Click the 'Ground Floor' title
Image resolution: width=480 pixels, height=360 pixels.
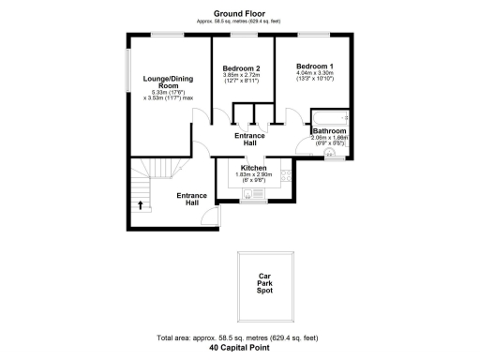click(x=241, y=12)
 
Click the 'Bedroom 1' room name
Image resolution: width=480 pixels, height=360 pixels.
click(x=314, y=66)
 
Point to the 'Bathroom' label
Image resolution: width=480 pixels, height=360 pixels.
click(x=329, y=131)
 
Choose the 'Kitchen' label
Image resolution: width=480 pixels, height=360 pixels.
click(x=241, y=169)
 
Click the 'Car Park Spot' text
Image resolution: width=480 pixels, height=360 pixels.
click(x=270, y=284)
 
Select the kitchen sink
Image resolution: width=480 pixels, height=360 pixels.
click(x=251, y=194)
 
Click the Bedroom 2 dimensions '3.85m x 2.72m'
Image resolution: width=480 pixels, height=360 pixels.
click(x=241, y=78)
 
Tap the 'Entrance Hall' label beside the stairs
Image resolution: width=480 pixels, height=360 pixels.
click(x=191, y=199)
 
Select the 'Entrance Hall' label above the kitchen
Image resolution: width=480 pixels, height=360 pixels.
click(x=241, y=140)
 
